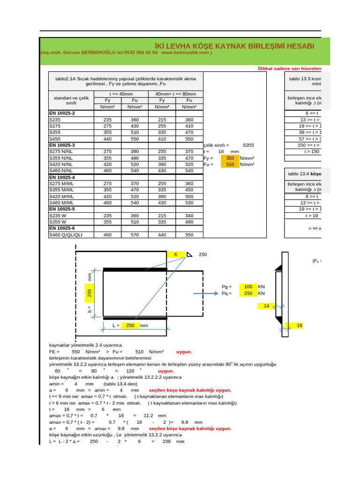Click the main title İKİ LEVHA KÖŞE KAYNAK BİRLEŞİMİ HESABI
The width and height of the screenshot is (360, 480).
(234, 45)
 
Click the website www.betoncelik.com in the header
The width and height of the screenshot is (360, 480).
(186, 53)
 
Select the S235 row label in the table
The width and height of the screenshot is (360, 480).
(55, 120)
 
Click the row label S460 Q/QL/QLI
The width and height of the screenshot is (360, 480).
(66, 234)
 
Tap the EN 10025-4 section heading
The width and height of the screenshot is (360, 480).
(62, 177)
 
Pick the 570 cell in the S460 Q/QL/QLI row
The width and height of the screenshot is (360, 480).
(135, 234)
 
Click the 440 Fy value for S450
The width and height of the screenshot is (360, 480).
(107, 139)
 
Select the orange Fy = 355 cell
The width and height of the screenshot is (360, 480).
(230, 158)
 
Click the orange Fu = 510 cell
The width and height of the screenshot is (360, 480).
(230, 165)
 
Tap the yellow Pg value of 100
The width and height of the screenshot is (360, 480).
(248, 286)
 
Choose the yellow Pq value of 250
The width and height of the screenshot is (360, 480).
(248, 293)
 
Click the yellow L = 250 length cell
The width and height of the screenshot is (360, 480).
(130, 325)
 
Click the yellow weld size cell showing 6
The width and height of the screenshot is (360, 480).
(176, 254)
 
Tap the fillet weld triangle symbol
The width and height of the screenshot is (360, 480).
(189, 255)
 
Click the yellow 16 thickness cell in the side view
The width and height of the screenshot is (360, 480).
(300, 325)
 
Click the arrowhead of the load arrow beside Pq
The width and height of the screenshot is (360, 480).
(216, 293)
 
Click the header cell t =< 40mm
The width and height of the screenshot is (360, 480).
(121, 94)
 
